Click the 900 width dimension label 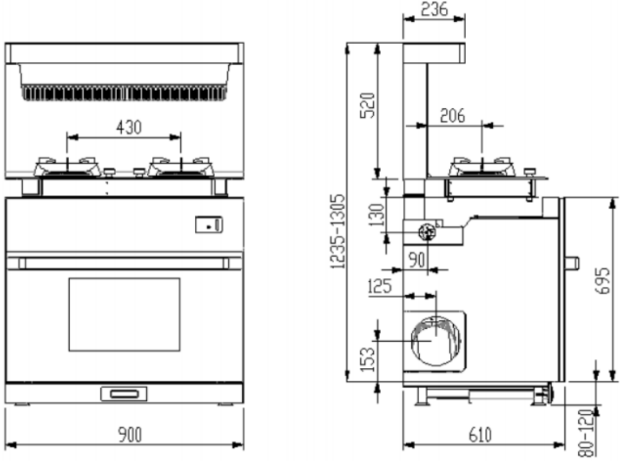pyautogui.click(x=129, y=434)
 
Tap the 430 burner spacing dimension pyautogui.click(x=128, y=127)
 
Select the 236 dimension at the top pyautogui.click(x=435, y=9)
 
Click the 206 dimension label pyautogui.click(x=453, y=116)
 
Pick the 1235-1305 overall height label pyautogui.click(x=338, y=231)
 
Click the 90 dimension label pyautogui.click(x=417, y=260)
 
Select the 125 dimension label pyautogui.click(x=380, y=286)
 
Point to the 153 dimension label pyautogui.click(x=367, y=360)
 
